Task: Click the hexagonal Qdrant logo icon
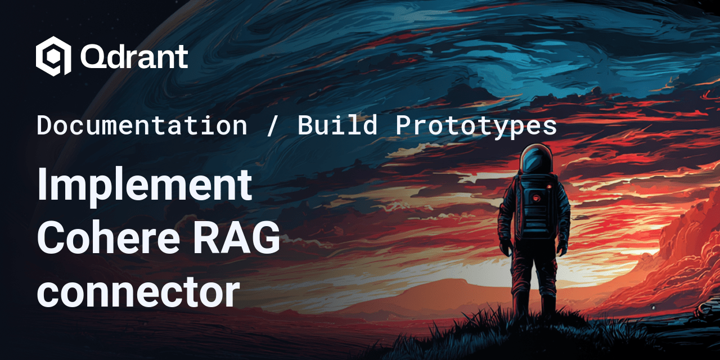pyautogui.click(x=53, y=56)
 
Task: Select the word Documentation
pyautogui.click(x=142, y=125)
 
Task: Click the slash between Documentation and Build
pyautogui.click(x=272, y=125)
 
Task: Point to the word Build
pyautogui.click(x=337, y=125)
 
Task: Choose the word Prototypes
pyautogui.click(x=476, y=127)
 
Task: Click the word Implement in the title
pyautogui.click(x=145, y=186)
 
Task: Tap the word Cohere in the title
pyautogui.click(x=109, y=238)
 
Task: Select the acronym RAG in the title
pyautogui.click(x=236, y=238)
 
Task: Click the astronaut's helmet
pyautogui.click(x=536, y=160)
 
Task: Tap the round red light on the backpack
pyautogui.click(x=536, y=198)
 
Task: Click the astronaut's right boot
pyautogui.click(x=548, y=304)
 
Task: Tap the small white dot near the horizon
pyautogui.click(x=653, y=308)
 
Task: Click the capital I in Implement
pyautogui.click(x=42, y=184)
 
